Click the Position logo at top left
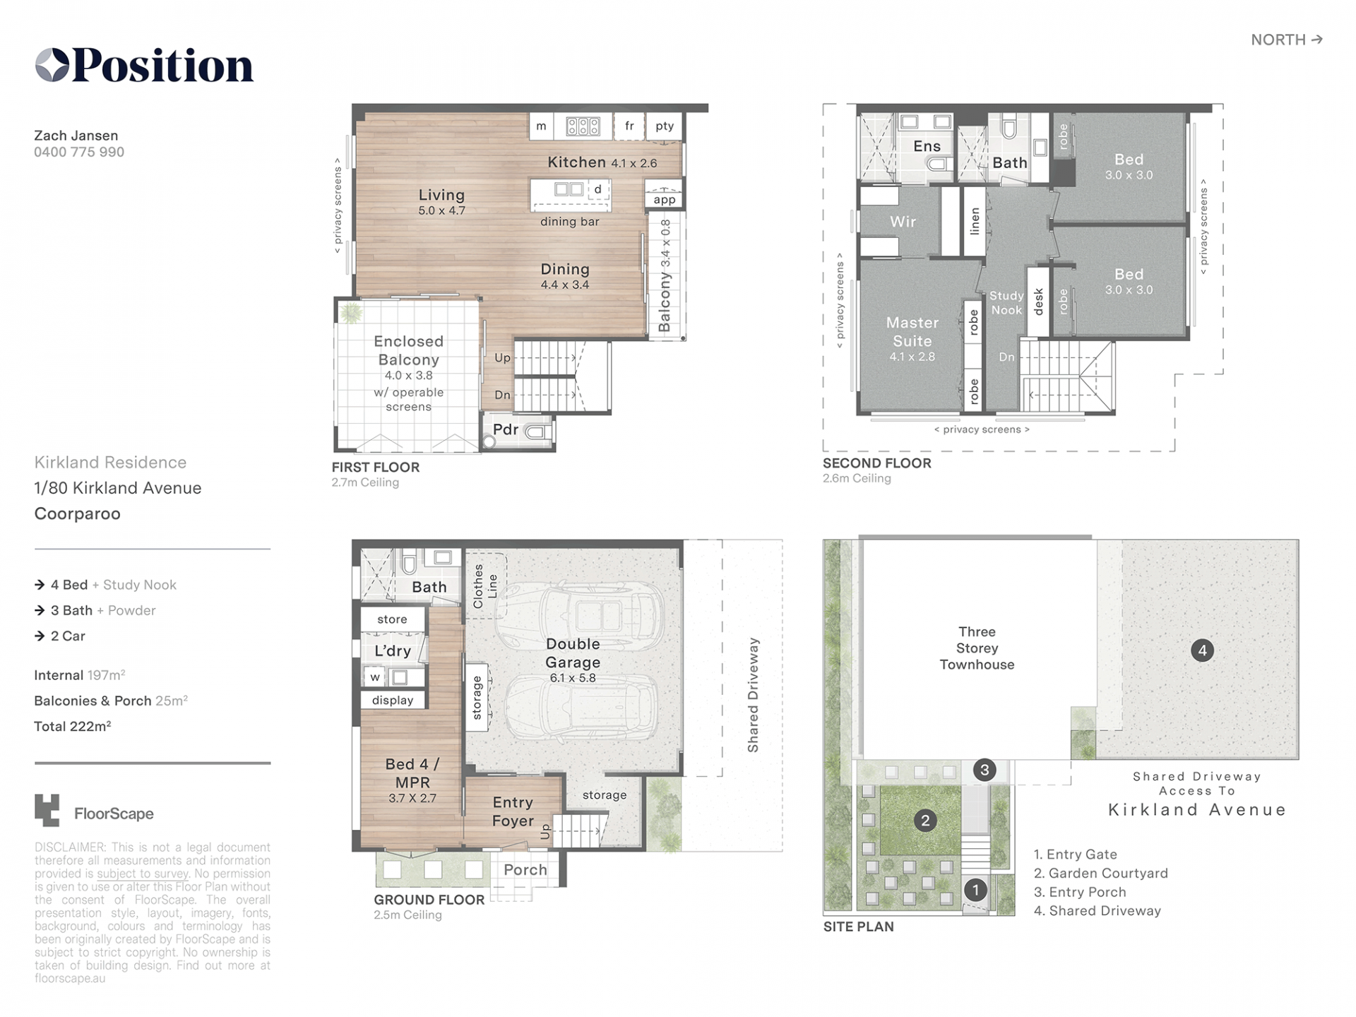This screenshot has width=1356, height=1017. (x=144, y=65)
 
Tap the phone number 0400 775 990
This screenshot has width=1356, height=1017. (x=79, y=152)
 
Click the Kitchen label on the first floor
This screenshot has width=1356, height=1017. (x=577, y=162)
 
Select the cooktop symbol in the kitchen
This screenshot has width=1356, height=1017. (x=583, y=126)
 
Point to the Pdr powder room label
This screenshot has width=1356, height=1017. (x=506, y=429)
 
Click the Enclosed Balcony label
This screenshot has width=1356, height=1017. (x=409, y=350)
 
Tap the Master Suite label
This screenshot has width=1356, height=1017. (x=912, y=332)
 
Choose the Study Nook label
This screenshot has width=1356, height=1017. (x=1006, y=302)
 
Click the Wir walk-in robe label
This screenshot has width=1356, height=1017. (x=903, y=222)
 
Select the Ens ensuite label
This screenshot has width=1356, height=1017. (x=927, y=146)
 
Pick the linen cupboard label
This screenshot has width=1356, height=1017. (x=975, y=221)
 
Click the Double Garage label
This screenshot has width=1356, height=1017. (x=573, y=653)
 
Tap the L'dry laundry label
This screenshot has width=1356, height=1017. (x=393, y=650)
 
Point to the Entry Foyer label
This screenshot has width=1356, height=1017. (x=513, y=811)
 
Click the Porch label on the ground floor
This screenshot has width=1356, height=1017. (x=525, y=869)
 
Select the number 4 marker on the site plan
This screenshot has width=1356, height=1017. (x=1202, y=650)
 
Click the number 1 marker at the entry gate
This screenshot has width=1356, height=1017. (x=975, y=890)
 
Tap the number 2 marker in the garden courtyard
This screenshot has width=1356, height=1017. (x=925, y=820)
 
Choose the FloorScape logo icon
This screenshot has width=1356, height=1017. (x=47, y=810)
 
